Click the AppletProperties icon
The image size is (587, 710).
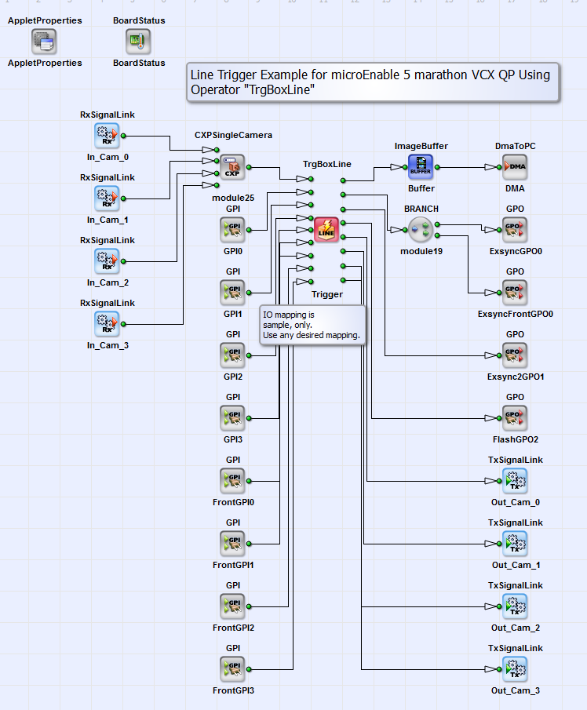tap(45, 41)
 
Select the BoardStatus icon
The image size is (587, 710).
tap(138, 41)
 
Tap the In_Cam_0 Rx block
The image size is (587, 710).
tap(107, 136)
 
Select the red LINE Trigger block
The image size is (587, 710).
tap(326, 230)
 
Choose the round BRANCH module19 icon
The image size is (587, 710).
tap(421, 230)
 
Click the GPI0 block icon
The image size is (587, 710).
tap(233, 230)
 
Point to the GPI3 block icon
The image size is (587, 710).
tap(233, 418)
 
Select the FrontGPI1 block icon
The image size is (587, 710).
tap(233, 544)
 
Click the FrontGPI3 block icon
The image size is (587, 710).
tap(233, 669)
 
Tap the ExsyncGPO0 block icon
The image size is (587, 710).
tap(515, 230)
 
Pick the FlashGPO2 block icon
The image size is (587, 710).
tap(515, 418)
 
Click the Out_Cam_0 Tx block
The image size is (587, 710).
tap(515, 481)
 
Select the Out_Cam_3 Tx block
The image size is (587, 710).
tap(515, 669)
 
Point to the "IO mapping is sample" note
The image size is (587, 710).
tap(312, 325)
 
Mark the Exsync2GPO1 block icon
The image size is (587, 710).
tap(515, 355)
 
